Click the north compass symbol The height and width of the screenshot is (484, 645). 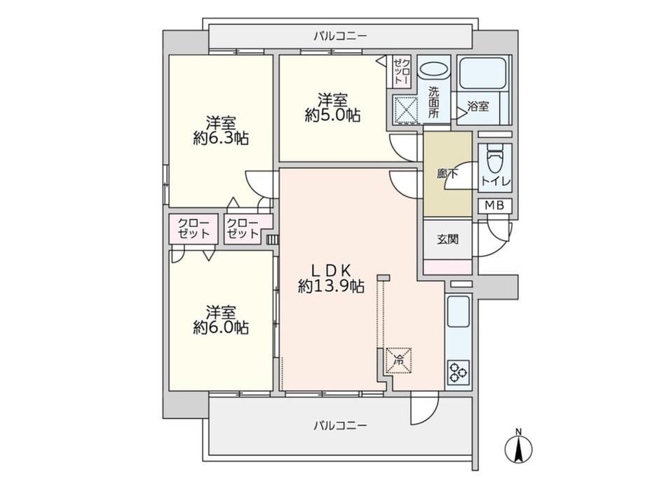pyautogui.click(x=518, y=447)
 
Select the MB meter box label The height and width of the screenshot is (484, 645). pyautogui.click(x=494, y=205)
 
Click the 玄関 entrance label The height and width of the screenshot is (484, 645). pyautogui.click(x=447, y=239)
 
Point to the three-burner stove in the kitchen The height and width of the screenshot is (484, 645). pyautogui.click(x=458, y=372)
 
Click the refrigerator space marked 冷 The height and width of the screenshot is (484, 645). pyautogui.click(x=399, y=361)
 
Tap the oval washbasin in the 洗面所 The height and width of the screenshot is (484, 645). pyautogui.click(x=435, y=69)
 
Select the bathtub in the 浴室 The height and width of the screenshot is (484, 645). pyautogui.click(x=482, y=73)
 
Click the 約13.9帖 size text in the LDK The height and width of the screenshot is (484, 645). pyautogui.click(x=331, y=286)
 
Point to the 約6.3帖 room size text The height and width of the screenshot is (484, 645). pyautogui.click(x=221, y=139)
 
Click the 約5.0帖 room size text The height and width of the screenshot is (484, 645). pyautogui.click(x=332, y=116)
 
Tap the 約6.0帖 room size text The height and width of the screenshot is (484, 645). pyautogui.click(x=221, y=328)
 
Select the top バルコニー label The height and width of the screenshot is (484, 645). pyautogui.click(x=340, y=36)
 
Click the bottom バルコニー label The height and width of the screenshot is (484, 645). pyautogui.click(x=340, y=425)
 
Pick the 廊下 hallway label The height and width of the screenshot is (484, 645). pyautogui.click(x=447, y=174)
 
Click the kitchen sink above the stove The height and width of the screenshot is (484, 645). pyautogui.click(x=458, y=311)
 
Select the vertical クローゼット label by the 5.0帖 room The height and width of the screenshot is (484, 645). pyautogui.click(x=402, y=72)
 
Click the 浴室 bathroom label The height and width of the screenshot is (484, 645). pyautogui.click(x=478, y=106)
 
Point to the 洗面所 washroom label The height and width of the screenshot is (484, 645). pyautogui.click(x=433, y=102)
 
